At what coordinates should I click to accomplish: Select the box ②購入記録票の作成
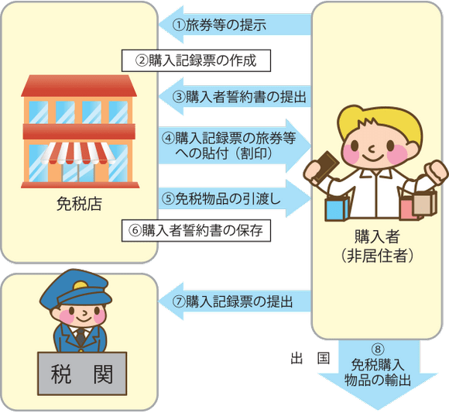point(196,60)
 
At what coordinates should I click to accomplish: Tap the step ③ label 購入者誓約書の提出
point(239,97)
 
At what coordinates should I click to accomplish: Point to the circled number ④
point(169,138)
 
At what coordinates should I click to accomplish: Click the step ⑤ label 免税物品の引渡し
point(221,198)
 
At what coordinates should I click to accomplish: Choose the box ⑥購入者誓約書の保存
point(196,231)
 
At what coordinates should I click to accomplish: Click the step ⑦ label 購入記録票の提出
point(232,301)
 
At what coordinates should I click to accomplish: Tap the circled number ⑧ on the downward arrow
point(378,349)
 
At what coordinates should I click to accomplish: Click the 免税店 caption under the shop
point(79,204)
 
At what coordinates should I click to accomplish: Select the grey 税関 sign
point(82,373)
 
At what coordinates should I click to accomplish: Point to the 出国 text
point(310,358)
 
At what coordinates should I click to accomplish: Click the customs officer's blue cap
point(76,289)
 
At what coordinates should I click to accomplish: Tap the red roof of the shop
point(79,86)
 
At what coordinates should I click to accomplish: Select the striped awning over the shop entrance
point(78,153)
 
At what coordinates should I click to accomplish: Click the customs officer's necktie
point(81,337)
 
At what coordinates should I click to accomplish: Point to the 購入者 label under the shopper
point(378,237)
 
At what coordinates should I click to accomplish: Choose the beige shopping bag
point(425,204)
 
